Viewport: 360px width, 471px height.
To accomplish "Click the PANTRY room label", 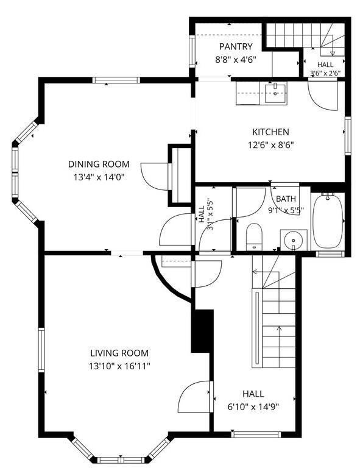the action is point(236,46).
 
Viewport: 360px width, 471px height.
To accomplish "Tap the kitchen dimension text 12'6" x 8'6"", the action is point(270,146).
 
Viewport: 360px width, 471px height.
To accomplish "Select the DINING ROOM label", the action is point(99,164).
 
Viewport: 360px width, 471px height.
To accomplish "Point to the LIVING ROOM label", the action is point(119,353).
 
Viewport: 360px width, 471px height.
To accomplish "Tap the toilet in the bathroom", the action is point(254,236).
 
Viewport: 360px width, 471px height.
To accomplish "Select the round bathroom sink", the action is point(294,240).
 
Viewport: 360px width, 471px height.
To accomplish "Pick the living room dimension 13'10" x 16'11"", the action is point(119,366).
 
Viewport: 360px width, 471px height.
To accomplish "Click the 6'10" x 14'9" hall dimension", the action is point(253,407).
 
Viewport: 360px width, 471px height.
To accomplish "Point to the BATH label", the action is point(286,199).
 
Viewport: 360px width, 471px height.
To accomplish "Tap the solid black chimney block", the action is point(202,331).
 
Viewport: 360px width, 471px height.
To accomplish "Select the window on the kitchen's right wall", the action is point(348,136).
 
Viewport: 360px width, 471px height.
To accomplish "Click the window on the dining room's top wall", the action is point(116,80).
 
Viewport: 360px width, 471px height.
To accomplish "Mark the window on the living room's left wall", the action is point(41,350).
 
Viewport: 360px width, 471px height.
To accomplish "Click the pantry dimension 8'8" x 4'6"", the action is point(236,60).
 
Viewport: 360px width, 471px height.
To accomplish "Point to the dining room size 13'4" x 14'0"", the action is point(99,177).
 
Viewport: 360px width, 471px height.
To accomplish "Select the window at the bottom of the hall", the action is point(256,434).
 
